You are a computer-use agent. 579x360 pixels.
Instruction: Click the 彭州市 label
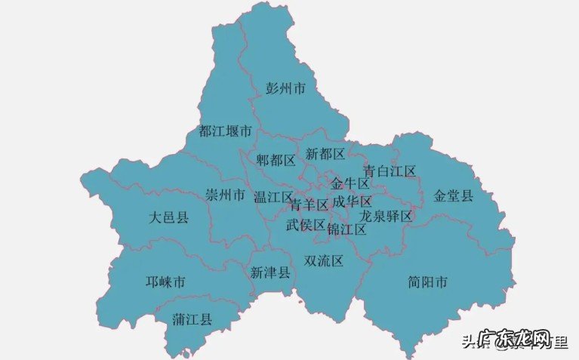[285, 88]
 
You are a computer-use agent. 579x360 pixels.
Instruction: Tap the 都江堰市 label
[224, 131]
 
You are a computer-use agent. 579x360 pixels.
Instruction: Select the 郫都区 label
[276, 160]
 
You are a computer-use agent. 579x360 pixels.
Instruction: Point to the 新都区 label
[325, 154]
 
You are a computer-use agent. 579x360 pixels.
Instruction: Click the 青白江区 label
[390, 171]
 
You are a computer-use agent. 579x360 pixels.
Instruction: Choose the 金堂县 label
[453, 195]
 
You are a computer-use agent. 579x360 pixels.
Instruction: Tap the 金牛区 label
[350, 183]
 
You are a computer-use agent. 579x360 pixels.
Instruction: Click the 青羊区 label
[309, 205]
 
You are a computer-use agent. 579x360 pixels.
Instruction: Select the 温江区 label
[273, 197]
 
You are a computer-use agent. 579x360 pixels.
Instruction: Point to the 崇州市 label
[225, 195]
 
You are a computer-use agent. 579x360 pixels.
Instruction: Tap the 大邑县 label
[168, 217]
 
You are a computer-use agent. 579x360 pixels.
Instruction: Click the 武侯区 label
[305, 224]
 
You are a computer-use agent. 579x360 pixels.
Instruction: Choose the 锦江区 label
[346, 229]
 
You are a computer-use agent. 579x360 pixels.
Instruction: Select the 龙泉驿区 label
[386, 216]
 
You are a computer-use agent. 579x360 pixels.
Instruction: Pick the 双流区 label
[323, 261]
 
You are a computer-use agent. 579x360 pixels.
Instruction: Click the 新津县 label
[269, 272]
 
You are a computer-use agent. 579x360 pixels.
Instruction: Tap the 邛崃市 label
[165, 282]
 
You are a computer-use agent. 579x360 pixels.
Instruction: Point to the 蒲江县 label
[192, 319]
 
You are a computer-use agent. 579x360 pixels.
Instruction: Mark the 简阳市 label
[427, 282]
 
